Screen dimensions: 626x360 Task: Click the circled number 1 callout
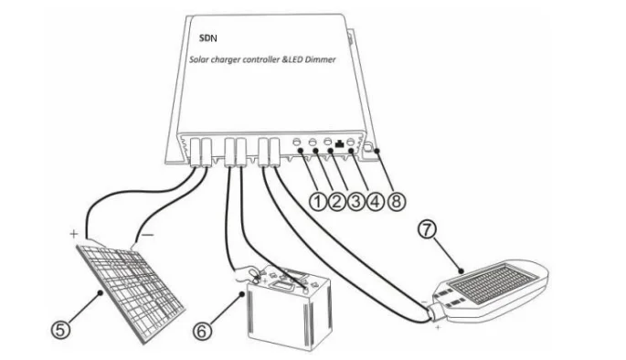click(x=318, y=202)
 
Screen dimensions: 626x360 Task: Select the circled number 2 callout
click(x=336, y=202)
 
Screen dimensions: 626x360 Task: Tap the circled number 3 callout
click(x=355, y=202)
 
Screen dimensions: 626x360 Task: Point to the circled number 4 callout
click(x=376, y=202)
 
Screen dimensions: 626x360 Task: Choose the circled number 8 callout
click(x=396, y=202)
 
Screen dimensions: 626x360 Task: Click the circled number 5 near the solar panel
click(x=60, y=331)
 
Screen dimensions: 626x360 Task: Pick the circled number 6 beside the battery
click(x=202, y=332)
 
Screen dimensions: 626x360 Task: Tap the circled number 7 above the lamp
click(x=427, y=229)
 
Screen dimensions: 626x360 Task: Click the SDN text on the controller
click(x=208, y=38)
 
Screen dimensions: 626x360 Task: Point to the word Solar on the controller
click(x=197, y=60)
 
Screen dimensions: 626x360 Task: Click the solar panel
click(x=130, y=291)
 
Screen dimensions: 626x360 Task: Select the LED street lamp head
click(x=490, y=291)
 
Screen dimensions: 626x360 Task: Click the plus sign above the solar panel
click(x=74, y=234)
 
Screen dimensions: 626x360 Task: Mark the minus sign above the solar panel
click(x=148, y=235)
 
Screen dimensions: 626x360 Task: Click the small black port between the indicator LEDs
click(x=340, y=143)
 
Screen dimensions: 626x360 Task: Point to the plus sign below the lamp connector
click(x=438, y=327)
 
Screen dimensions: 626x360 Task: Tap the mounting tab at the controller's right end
click(x=368, y=151)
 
